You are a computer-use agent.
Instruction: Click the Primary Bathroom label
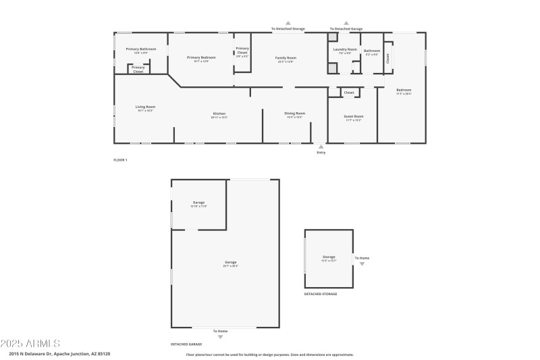(x=140, y=49)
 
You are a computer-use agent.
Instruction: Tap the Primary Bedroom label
(x=201, y=57)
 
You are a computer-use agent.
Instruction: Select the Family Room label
(x=286, y=58)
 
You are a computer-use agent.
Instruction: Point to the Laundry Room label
(x=344, y=49)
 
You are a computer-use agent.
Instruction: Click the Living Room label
(x=145, y=107)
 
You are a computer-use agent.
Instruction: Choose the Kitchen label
(x=219, y=113)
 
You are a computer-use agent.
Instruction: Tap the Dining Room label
(x=296, y=113)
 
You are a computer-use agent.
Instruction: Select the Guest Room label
(x=354, y=116)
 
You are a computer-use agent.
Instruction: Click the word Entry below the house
(x=321, y=153)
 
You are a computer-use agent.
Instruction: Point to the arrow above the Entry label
(x=321, y=146)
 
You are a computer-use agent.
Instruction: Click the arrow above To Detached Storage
(x=288, y=22)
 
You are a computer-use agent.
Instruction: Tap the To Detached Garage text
(x=346, y=29)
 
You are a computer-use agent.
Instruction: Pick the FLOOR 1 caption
(x=120, y=160)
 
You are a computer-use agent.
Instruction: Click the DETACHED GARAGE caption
(x=186, y=344)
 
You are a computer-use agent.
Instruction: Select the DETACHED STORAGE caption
(x=321, y=294)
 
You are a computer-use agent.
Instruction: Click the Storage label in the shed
(x=329, y=257)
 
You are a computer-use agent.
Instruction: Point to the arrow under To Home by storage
(x=362, y=264)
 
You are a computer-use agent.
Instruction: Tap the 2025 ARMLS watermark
(x=30, y=343)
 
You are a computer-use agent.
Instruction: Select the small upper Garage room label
(x=198, y=203)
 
